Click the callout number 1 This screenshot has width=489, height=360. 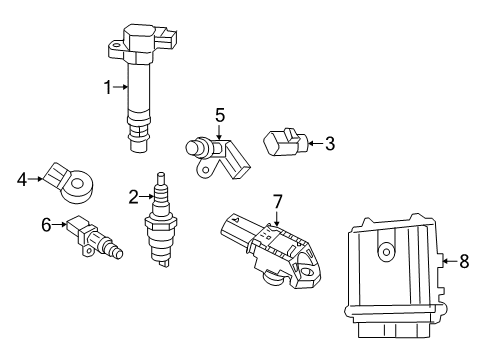coord(108,87)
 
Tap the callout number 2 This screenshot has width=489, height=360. coord(133,196)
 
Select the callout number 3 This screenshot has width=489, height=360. coord(329,143)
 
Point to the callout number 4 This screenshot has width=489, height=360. coord(21,180)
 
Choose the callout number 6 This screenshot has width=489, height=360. coord(46,226)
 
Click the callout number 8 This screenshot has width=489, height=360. coord(463,262)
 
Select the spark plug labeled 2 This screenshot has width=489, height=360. coord(161,225)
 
